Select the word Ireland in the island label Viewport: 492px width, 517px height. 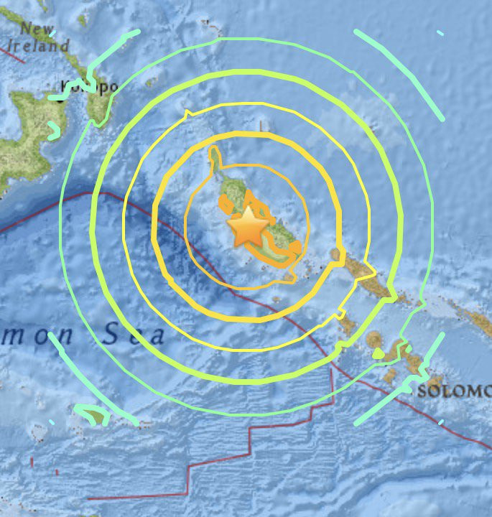34,46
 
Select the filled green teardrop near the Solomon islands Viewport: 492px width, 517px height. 378,353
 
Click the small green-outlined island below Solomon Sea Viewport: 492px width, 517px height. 93,414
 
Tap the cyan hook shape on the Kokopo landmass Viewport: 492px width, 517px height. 54,130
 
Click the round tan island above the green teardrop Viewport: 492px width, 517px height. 374,338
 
